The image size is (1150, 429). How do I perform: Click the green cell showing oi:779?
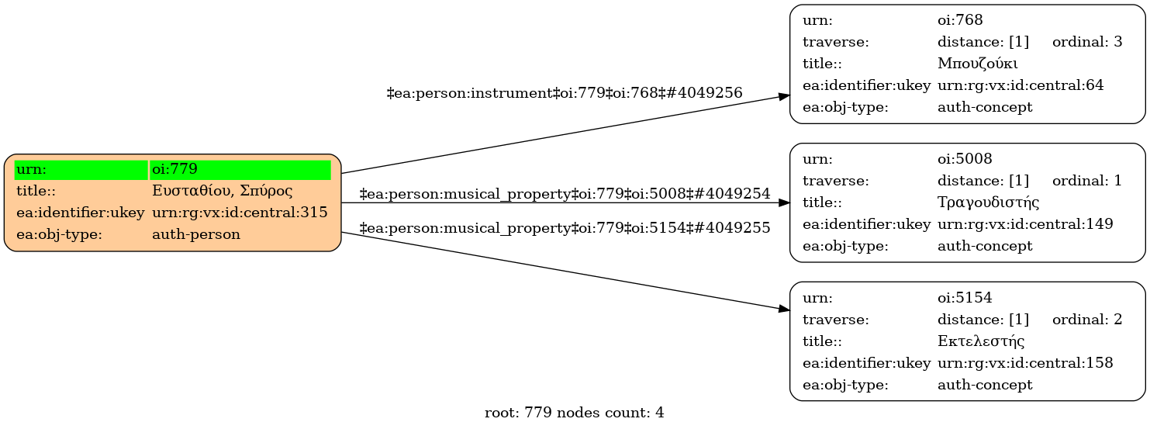click(240, 169)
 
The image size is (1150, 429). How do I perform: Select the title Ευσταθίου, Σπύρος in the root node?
click(222, 191)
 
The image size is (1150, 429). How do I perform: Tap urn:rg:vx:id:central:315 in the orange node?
click(240, 213)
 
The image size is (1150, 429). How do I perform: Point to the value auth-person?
click(196, 234)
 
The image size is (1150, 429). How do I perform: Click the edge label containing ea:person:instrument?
click(565, 93)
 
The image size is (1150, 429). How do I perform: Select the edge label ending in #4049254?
click(565, 194)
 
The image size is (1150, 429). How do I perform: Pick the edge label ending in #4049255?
click(565, 228)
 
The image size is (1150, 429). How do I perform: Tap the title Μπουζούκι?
click(977, 64)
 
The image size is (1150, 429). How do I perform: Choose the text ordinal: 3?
click(1087, 42)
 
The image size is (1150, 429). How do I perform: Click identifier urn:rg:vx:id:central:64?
click(1020, 85)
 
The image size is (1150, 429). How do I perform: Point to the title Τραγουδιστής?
click(988, 202)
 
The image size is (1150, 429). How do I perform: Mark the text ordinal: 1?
click(1087, 181)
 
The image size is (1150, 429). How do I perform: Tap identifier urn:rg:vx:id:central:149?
click(1025, 224)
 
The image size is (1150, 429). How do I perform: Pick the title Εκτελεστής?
click(981, 341)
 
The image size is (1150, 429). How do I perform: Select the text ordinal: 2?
click(1087, 320)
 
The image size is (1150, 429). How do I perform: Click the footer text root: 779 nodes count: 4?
click(574, 413)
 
